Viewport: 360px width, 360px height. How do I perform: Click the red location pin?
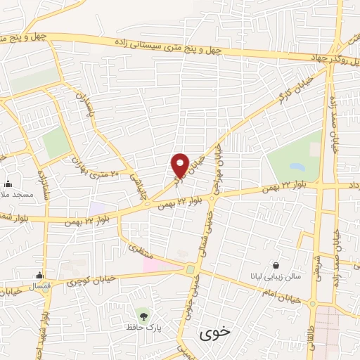coord(180,166)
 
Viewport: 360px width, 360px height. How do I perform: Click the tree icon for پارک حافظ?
coord(144,315)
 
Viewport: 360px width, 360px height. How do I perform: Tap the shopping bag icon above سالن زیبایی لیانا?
coord(276,266)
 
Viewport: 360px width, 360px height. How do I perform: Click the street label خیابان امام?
coord(285,295)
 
